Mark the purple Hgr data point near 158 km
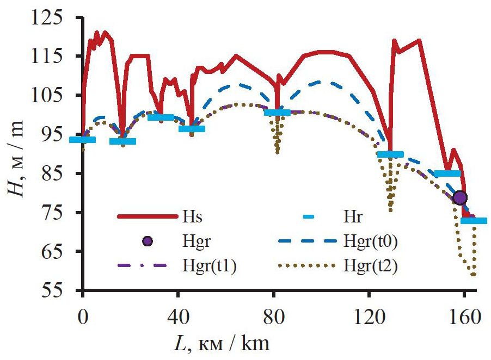click(460, 197)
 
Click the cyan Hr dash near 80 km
click(277, 113)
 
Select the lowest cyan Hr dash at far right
click(474, 220)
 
